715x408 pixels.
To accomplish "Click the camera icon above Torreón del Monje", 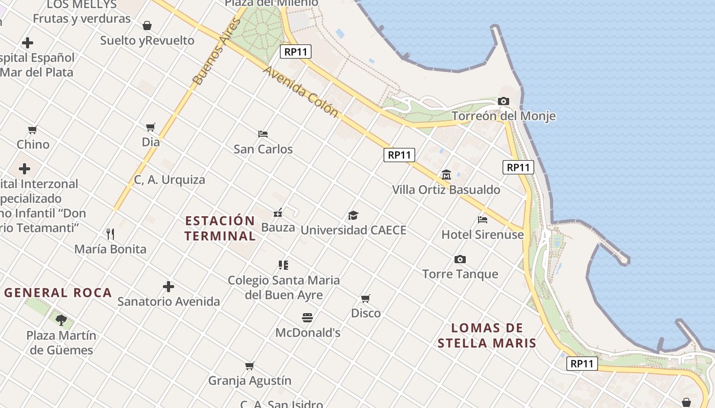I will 504,101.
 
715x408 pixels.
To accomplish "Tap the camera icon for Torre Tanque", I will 460,260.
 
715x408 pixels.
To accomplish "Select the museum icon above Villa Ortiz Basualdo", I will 446,175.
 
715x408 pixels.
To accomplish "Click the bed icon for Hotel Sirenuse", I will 483,220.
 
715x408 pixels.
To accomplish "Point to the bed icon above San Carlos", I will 263,134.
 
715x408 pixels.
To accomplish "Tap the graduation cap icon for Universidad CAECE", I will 353,215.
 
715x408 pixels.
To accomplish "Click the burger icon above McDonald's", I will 307,318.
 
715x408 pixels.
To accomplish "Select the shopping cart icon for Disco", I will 366,298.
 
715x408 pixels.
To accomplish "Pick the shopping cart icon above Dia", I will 151,127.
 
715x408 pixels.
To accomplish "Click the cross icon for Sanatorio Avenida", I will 169,287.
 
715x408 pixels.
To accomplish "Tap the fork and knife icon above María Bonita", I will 110,234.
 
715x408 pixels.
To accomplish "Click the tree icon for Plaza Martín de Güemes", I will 61,320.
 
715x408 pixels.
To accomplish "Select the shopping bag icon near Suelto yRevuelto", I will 147,25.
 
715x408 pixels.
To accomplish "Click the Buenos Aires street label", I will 216,52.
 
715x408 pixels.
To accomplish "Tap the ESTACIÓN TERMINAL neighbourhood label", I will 220,228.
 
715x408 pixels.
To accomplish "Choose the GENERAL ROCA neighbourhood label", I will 58,293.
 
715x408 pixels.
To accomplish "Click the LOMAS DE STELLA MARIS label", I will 487,335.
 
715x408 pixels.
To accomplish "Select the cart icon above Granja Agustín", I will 249,366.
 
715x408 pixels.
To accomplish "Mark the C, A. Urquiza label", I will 170,180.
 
